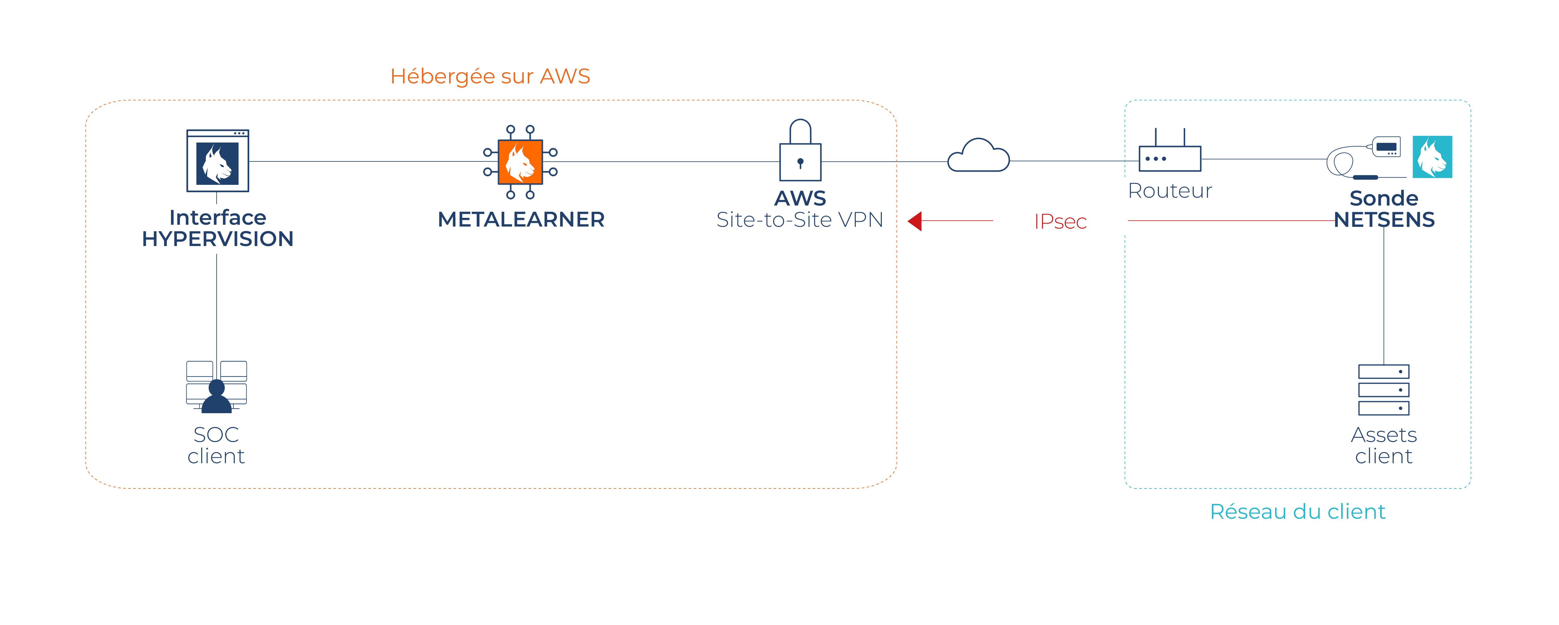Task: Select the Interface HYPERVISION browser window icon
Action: [x=217, y=161]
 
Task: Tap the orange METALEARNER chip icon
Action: [x=520, y=161]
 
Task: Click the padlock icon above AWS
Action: [x=800, y=151]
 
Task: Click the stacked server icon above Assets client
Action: [x=1383, y=390]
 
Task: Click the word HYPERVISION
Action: [x=217, y=239]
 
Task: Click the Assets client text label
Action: [x=1383, y=445]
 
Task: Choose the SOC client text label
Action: [x=216, y=445]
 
